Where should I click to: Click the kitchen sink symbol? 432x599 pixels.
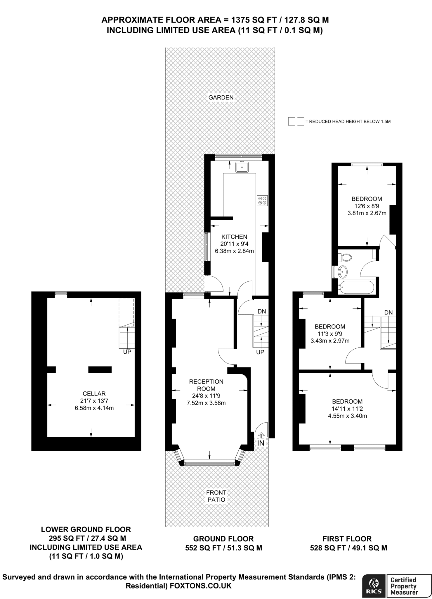pyautogui.click(x=242, y=167)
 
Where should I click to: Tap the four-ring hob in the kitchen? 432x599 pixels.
pyautogui.click(x=262, y=200)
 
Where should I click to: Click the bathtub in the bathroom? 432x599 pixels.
pyautogui.click(x=356, y=287)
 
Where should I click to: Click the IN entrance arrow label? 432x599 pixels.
pyautogui.click(x=261, y=443)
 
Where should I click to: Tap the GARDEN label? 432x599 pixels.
pyautogui.click(x=221, y=97)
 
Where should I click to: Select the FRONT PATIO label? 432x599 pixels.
pyautogui.click(x=216, y=496)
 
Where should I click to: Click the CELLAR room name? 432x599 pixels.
pyautogui.click(x=94, y=394)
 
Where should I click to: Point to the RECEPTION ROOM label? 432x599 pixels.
pyautogui.click(x=206, y=385)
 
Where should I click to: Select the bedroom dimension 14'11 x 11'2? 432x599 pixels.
pyautogui.click(x=347, y=409)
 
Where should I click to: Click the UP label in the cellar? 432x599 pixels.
pyautogui.click(x=127, y=352)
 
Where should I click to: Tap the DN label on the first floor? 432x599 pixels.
pyautogui.click(x=388, y=313)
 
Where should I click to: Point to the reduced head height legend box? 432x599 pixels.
pyautogui.click(x=296, y=121)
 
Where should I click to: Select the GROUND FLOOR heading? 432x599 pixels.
pyautogui.click(x=223, y=539)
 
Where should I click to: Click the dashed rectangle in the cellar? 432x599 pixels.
pyautogui.click(x=126, y=312)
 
